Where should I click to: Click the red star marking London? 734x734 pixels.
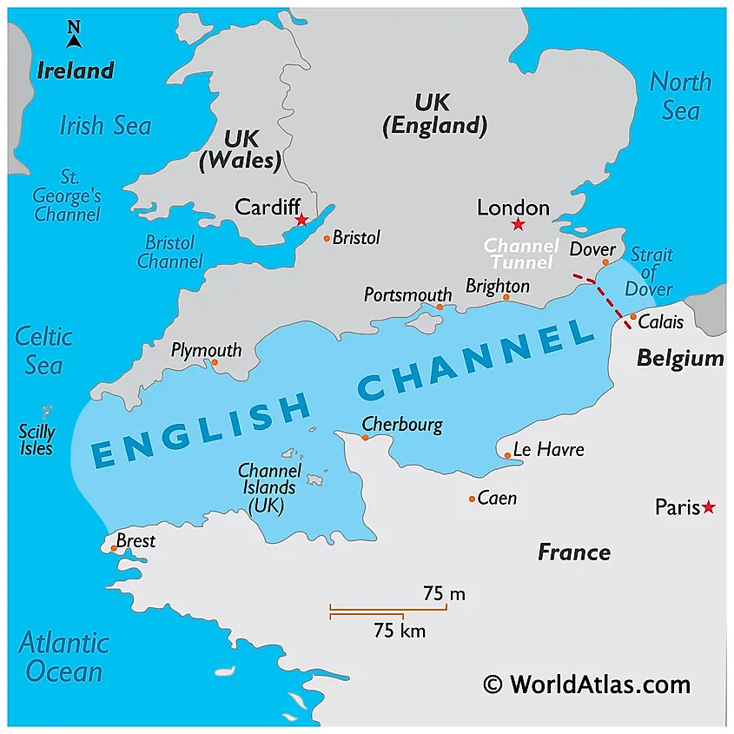coord(518,225)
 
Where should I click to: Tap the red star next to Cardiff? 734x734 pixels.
coord(301,220)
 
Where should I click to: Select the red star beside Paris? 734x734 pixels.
coord(709,506)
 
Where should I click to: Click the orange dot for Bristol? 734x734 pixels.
coord(327,238)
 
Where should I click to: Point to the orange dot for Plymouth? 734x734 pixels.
coord(215,362)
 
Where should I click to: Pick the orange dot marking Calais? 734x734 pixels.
coord(633,317)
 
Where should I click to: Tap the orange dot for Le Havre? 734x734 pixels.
coord(507,454)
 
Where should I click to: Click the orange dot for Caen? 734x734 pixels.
coord(472,499)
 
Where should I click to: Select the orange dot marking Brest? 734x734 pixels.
coord(114,548)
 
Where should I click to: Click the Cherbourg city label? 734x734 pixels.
coord(402,425)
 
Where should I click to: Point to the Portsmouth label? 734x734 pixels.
coord(408,294)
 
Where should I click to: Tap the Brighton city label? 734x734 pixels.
coord(498,286)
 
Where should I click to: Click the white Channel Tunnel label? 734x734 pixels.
coord(520,254)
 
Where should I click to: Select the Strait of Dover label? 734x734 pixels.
coord(651,272)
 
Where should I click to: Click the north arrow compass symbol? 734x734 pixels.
coord(74,36)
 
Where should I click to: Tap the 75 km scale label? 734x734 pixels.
coord(400,631)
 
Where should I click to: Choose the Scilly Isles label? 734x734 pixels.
coord(36,440)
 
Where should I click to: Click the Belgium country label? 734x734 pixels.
coord(680,358)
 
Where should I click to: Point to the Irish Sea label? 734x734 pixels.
coord(105,125)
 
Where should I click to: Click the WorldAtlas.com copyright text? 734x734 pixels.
coord(587,684)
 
